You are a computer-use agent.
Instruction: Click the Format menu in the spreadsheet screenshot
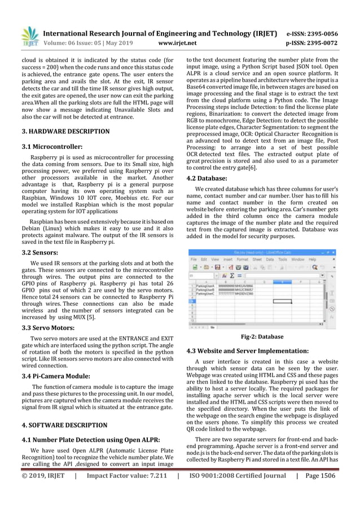[x=242, y=260]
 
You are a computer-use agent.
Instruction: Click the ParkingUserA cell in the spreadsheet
[x=201, y=286]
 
